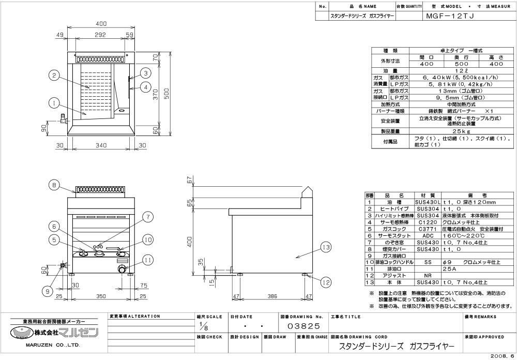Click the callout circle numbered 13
[x=325, y=248]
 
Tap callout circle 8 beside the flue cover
[x=53, y=184]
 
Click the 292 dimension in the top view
[x=100, y=35]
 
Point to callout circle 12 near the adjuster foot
[x=325, y=282]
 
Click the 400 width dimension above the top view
[x=101, y=23]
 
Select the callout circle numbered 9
[x=48, y=291]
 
